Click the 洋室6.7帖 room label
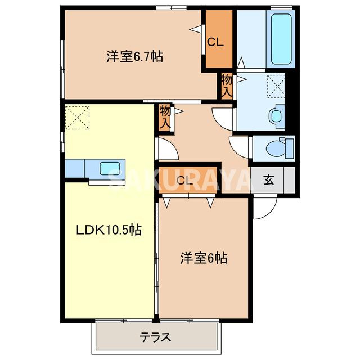tap(135, 56)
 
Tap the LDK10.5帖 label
tap(109, 229)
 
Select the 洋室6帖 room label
tap(204, 258)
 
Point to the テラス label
tap(155, 338)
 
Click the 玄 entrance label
tap(269, 180)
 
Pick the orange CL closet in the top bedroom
tap(217, 40)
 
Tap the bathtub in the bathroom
tap(281, 38)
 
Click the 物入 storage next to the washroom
tap(227, 85)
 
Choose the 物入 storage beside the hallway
tap(165, 117)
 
